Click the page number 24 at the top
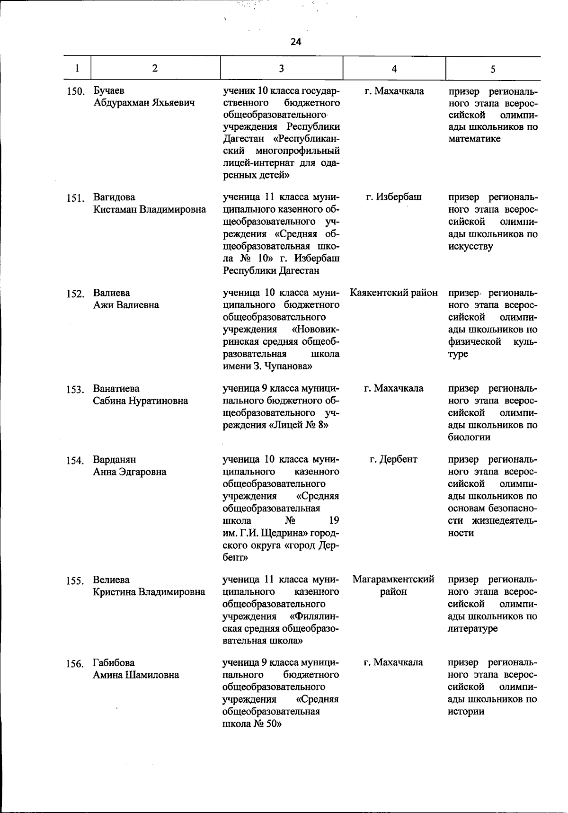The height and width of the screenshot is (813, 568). [296, 42]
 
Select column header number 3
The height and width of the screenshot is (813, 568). [281, 69]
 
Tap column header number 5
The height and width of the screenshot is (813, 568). [493, 69]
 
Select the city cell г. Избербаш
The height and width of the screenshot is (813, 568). [394, 197]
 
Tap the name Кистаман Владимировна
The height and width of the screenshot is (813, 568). [150, 209]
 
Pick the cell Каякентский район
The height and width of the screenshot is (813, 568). [394, 293]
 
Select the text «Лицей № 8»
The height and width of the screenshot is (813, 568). [299, 425]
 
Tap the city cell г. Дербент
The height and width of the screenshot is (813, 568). [394, 459]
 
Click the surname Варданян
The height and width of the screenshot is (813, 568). [115, 459]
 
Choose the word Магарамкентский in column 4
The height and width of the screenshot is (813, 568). [394, 580]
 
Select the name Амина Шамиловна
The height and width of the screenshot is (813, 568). [136, 675]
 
